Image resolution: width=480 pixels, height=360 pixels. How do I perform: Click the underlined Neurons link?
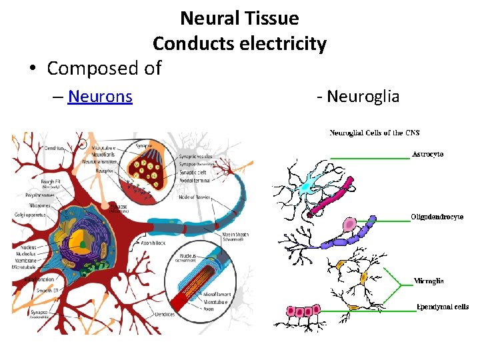pos(100,97)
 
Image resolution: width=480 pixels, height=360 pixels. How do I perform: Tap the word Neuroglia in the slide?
pos(363,97)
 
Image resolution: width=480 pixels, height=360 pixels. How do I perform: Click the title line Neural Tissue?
pos(239,18)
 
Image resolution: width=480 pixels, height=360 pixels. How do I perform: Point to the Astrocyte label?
pos(428,155)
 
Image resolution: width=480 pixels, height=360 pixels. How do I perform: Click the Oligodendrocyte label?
pos(437,217)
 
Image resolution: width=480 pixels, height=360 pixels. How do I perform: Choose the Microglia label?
pos(429,281)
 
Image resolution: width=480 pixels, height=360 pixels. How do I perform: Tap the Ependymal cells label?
pos(442,307)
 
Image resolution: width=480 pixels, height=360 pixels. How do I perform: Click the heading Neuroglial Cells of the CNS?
pos(375,133)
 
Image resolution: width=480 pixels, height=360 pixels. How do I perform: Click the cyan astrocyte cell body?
pos(307,187)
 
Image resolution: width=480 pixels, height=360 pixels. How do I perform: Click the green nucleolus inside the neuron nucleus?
pos(83,245)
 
